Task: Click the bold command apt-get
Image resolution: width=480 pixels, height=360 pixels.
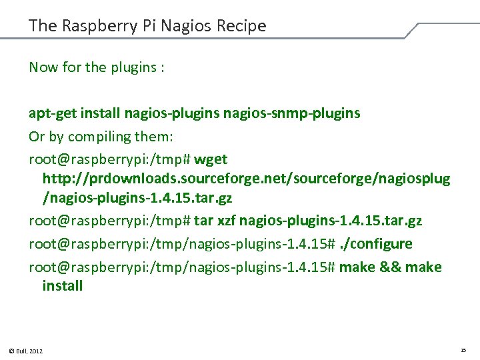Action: click(52, 113)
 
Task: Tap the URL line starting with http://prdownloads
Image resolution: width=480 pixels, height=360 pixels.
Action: click(246, 179)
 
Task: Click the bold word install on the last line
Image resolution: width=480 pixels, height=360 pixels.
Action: click(63, 286)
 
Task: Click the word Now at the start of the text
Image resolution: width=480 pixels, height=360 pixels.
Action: click(43, 67)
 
